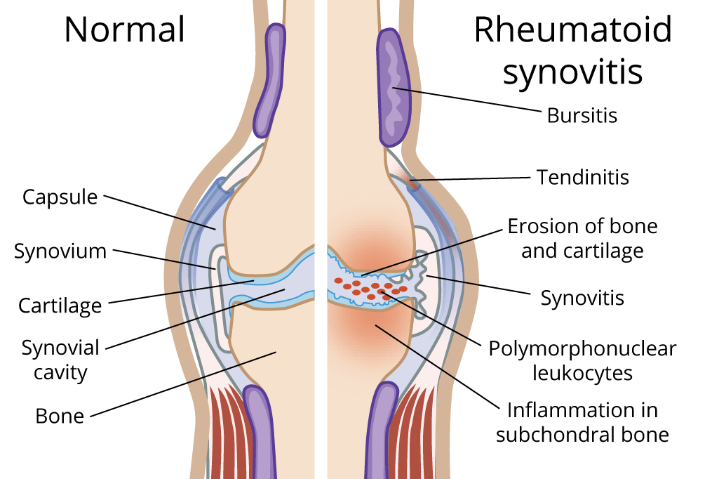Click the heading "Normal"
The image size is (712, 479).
[x=125, y=29]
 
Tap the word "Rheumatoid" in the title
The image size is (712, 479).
[x=572, y=29]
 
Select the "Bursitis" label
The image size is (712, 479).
[x=582, y=115]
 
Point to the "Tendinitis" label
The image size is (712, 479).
[x=583, y=177]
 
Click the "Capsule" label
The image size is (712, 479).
[x=60, y=197]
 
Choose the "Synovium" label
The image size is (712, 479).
[x=60, y=251]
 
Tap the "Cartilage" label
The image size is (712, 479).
[x=60, y=306]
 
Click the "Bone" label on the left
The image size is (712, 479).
[x=60, y=416]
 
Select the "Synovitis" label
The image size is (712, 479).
[x=582, y=298]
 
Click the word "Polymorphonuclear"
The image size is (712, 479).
[x=582, y=348]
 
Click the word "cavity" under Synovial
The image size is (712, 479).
[x=60, y=372]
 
